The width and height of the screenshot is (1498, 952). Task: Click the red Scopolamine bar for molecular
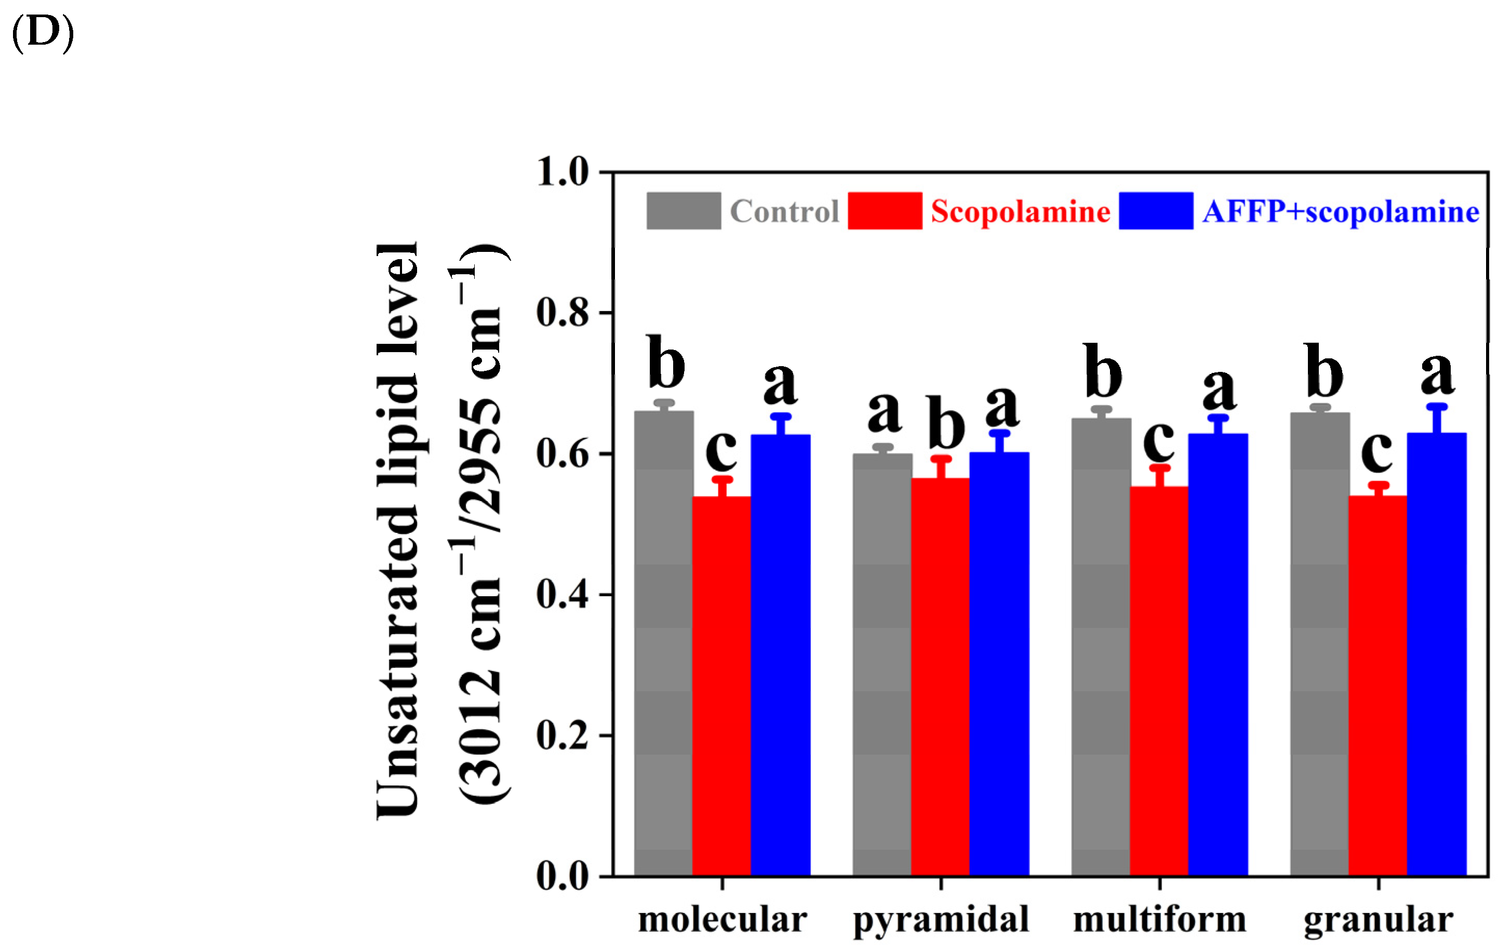tap(721, 685)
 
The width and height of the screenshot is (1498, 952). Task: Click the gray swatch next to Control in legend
tap(684, 211)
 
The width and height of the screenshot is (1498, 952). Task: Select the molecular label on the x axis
tap(722, 919)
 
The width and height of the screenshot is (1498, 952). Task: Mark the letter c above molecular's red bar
tap(721, 449)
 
